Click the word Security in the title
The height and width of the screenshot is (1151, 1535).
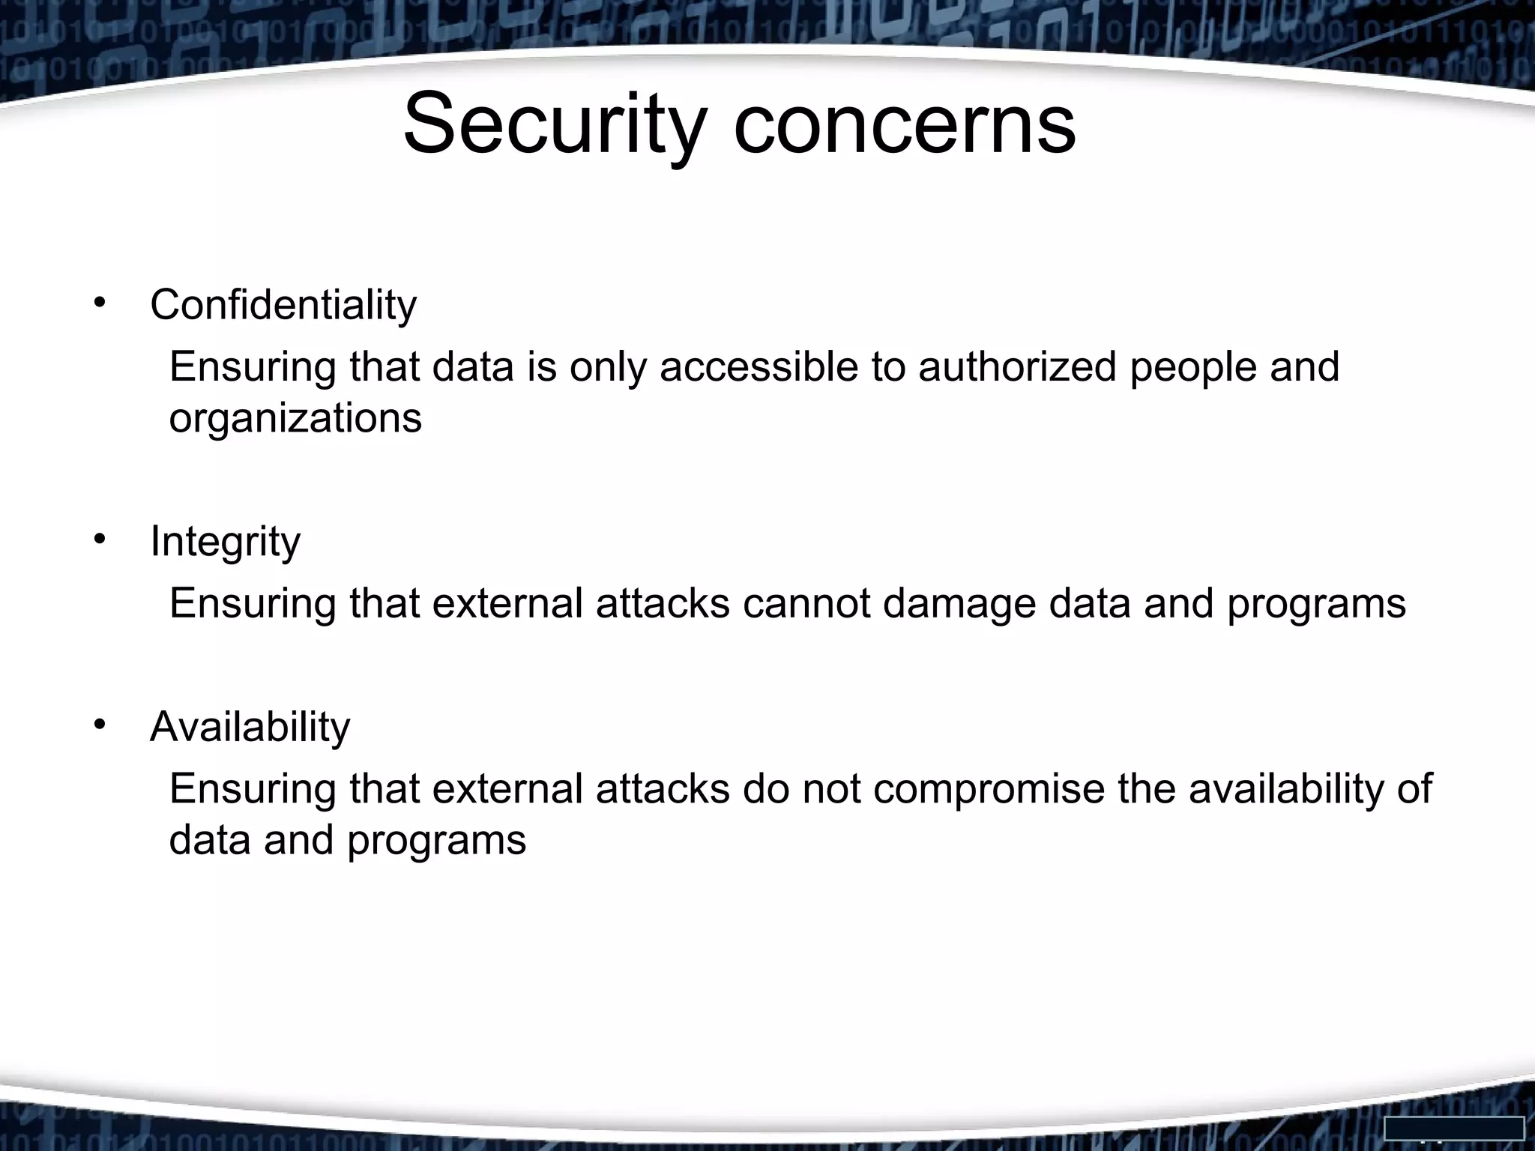tap(555, 124)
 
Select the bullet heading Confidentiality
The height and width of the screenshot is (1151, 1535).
tap(283, 305)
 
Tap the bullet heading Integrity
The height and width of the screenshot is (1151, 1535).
tap(225, 541)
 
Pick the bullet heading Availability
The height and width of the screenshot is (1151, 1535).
tap(250, 727)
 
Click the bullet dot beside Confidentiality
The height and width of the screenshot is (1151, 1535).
tap(99, 303)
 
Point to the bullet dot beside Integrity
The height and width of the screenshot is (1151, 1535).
tap(99, 539)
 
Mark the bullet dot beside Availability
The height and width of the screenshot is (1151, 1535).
tap(99, 725)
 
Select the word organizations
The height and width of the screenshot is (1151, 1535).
tap(295, 418)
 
